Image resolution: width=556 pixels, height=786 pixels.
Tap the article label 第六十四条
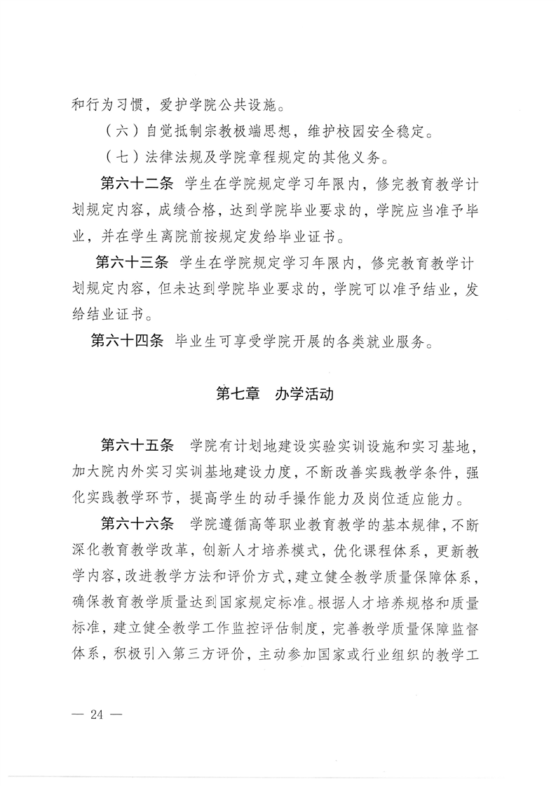click(x=128, y=342)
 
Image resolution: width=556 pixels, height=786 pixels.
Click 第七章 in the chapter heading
click(x=238, y=393)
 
